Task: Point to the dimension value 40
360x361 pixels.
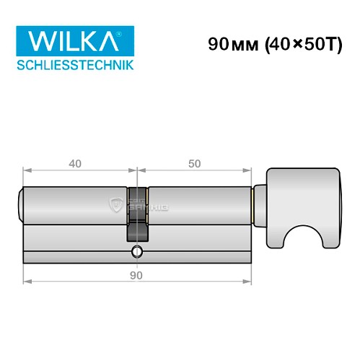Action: coord(74,164)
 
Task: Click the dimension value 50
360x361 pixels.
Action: coord(193,164)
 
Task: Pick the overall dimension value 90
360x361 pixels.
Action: coord(136,275)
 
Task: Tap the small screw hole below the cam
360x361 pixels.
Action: coord(136,252)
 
